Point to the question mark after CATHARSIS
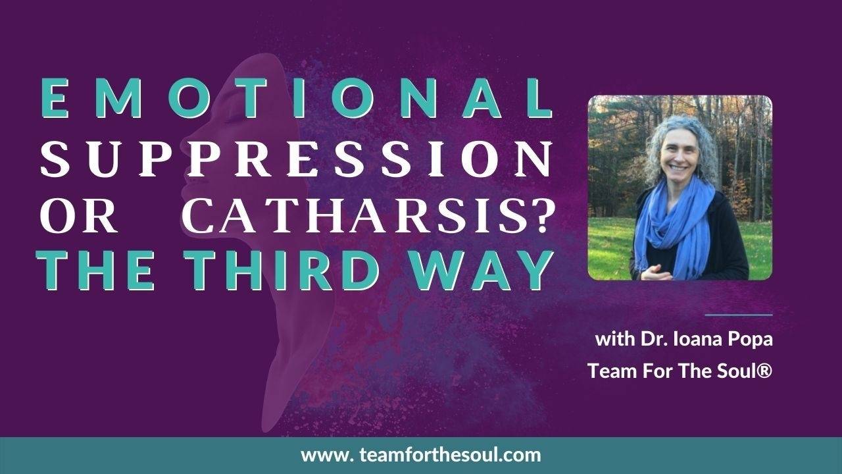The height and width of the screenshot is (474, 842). tap(540, 214)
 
